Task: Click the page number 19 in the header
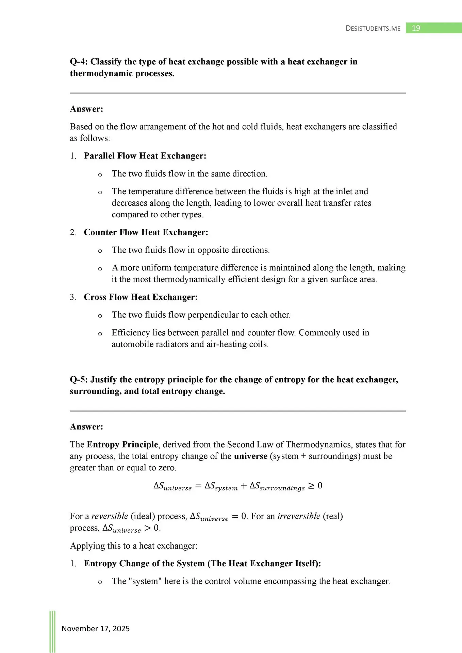point(416,28)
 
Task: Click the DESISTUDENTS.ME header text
point(373,28)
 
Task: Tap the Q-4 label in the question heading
point(79,62)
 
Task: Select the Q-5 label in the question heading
point(79,380)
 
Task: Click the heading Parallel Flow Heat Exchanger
point(145,156)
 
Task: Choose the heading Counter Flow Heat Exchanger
point(146,232)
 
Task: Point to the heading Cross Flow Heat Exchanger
point(141,297)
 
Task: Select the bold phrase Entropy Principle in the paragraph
point(122,445)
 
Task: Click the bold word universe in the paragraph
point(251,456)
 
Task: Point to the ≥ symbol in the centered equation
point(311,486)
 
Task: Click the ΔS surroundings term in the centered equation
point(277,486)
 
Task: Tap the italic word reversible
point(110,516)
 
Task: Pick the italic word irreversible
point(299,516)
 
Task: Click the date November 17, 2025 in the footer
point(96,629)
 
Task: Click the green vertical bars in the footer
point(52,631)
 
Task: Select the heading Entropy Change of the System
point(202,564)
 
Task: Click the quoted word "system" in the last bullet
point(145,581)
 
